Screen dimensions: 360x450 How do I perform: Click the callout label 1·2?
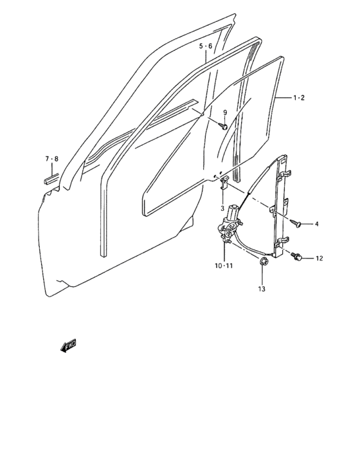click(299, 98)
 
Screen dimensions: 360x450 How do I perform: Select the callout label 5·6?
click(206, 46)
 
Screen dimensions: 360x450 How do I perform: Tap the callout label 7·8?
click(51, 159)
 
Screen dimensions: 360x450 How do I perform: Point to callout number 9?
click(225, 113)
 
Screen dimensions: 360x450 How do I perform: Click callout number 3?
click(222, 209)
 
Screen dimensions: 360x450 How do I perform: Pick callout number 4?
click(317, 224)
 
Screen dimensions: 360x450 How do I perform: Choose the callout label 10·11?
click(224, 265)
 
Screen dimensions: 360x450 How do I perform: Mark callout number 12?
click(319, 258)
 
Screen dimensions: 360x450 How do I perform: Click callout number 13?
click(262, 289)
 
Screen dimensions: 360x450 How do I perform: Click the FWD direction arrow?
click(68, 346)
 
